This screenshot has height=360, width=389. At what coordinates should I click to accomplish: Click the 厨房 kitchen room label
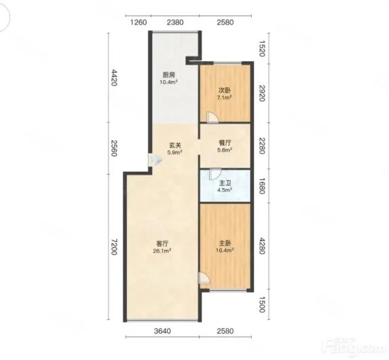(169, 75)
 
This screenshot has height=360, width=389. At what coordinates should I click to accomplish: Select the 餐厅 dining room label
(225, 143)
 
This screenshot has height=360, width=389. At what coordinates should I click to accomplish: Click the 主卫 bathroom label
(225, 183)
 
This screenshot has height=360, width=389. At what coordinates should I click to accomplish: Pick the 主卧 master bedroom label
(225, 242)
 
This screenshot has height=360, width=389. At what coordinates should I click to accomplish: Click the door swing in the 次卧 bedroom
(213, 118)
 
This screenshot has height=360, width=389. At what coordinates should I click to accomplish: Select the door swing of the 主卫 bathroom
(215, 174)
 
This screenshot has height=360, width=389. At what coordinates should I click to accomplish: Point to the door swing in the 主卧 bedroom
(204, 278)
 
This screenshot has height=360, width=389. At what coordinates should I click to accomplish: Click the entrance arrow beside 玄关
(156, 160)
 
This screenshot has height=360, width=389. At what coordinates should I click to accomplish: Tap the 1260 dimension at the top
(138, 22)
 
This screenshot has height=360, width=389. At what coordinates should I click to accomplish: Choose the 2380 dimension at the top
(175, 22)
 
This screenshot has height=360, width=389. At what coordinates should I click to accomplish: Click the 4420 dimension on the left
(114, 77)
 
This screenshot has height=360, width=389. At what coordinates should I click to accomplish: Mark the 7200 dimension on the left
(114, 247)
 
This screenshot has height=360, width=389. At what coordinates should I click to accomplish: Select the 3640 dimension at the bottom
(162, 331)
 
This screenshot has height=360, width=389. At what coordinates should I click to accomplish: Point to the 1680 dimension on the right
(262, 186)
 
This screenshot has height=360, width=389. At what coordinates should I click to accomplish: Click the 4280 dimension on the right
(262, 246)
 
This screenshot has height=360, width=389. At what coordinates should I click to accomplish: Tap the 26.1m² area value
(162, 251)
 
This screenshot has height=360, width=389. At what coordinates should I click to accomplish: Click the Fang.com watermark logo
(353, 346)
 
